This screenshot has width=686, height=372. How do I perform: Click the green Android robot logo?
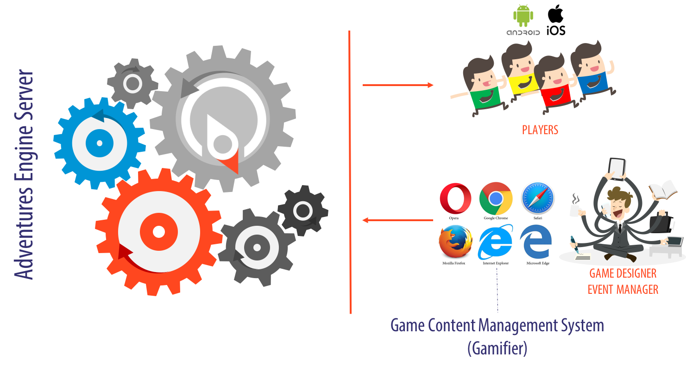point(523,15)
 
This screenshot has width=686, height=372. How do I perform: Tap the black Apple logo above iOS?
point(556,13)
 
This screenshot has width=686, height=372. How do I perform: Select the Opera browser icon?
point(455,198)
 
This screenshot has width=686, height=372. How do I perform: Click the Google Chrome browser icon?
point(496,198)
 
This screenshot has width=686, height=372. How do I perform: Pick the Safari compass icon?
point(537,198)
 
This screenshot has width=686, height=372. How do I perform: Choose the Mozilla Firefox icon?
point(455,242)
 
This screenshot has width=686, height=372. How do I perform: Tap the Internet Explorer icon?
point(496,242)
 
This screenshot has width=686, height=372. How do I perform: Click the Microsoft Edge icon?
point(536,242)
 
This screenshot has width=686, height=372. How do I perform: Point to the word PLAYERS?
point(540,130)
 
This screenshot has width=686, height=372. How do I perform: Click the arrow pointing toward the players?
point(398,85)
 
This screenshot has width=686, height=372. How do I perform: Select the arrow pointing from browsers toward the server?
point(397,220)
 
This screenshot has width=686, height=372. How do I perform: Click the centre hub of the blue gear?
point(99,143)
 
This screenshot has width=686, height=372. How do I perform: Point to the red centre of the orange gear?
point(158,232)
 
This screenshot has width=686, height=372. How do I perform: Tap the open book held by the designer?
point(662,190)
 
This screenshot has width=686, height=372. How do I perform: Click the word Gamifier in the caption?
point(497,348)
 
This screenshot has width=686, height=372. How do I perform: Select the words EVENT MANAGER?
point(623,289)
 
